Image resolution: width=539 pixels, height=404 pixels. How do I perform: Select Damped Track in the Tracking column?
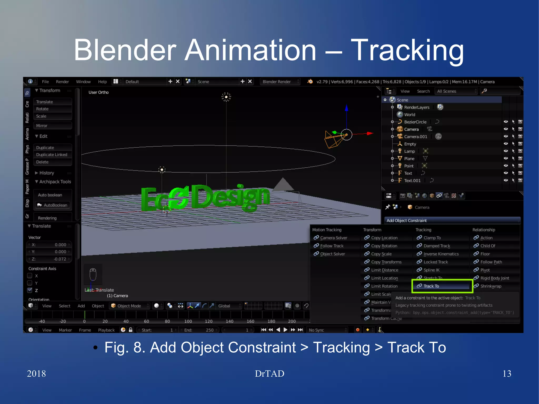tap(437, 246)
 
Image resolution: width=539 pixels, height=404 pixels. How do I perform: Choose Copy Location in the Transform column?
tap(384, 238)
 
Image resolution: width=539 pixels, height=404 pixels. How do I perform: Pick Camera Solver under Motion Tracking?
tap(333, 238)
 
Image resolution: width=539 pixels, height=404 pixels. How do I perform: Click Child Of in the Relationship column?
tap(487, 246)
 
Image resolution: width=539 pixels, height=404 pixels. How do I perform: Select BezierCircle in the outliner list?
tap(415, 122)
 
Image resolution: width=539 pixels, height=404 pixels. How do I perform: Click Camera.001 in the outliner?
tap(415, 137)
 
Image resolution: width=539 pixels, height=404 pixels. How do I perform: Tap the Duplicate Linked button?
tap(52, 155)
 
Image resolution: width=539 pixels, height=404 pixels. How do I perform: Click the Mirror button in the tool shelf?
tap(52, 126)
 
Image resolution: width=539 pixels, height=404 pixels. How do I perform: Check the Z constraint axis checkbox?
tap(30, 290)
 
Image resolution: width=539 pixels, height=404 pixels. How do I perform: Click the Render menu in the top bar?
tap(62, 82)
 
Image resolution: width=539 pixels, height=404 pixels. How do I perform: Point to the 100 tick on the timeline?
tap(188, 321)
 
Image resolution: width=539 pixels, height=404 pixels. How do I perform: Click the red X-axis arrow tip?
tap(370, 133)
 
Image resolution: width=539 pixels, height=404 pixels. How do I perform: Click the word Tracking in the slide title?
tap(407, 51)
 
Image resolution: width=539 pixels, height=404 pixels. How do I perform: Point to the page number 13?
tap(507, 373)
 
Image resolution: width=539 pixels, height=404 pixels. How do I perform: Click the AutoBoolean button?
tap(52, 205)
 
